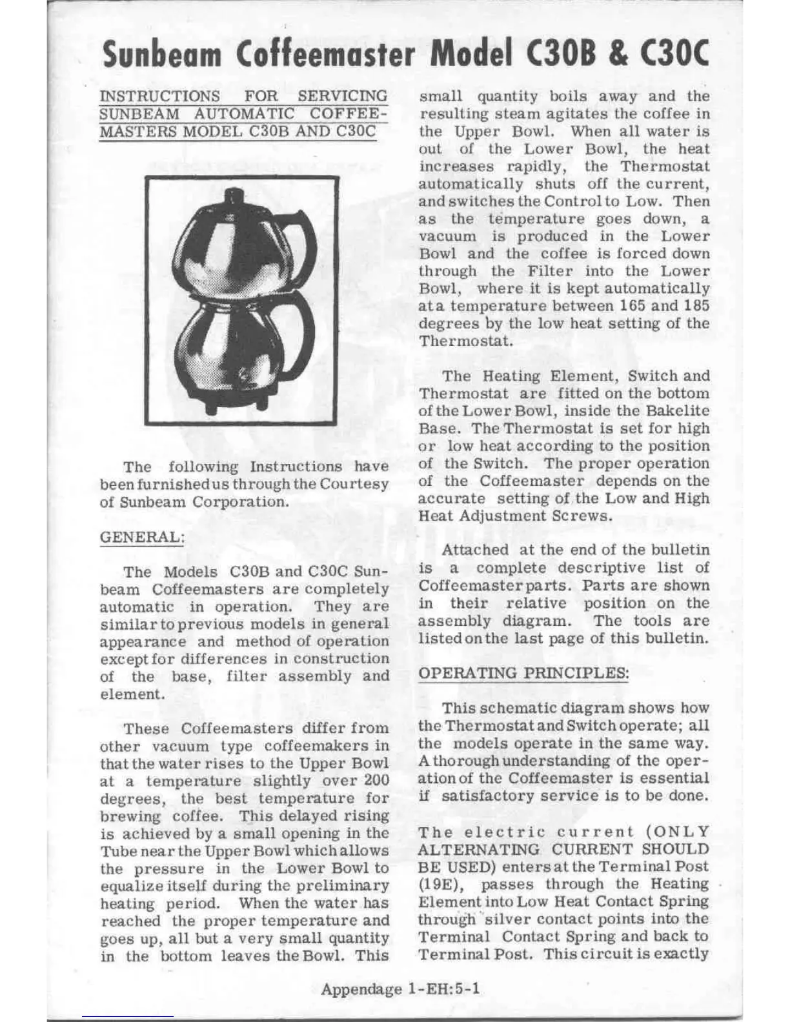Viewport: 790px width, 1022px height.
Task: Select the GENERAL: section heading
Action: pyautogui.click(x=142, y=537)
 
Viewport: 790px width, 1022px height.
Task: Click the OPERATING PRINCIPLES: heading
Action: pyautogui.click(x=523, y=673)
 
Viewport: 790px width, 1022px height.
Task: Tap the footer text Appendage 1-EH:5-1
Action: pyautogui.click(x=400, y=989)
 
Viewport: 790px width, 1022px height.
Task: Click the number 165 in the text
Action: pyautogui.click(x=633, y=306)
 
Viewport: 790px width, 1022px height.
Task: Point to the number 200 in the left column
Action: pyautogui.click(x=376, y=781)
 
